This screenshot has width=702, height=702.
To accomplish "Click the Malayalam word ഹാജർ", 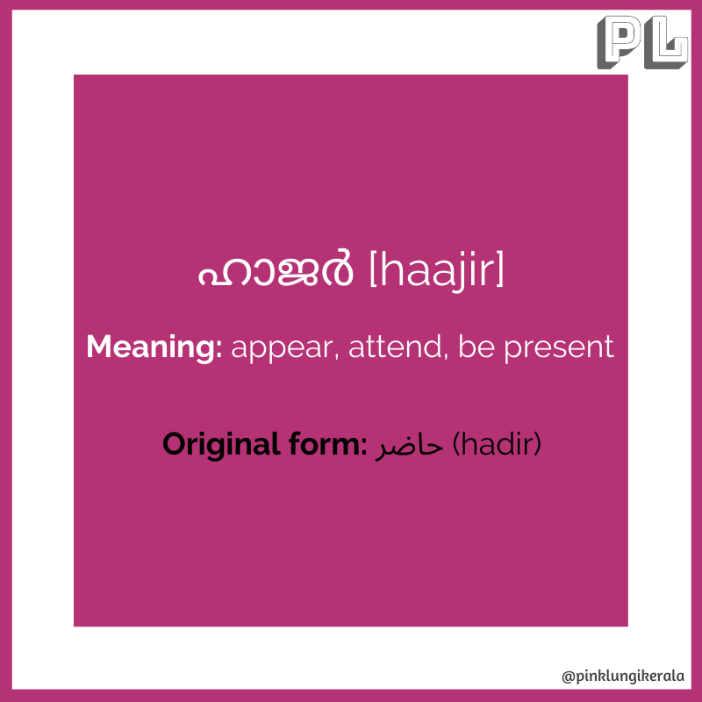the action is point(276,269).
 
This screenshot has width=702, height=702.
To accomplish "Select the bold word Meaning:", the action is point(154,347).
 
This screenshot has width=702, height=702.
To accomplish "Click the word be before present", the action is point(476,347).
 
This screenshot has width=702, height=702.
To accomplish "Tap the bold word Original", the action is point(221,445).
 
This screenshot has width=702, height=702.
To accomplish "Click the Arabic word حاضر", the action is point(409,448).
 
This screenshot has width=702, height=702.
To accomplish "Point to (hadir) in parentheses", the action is point(497,445).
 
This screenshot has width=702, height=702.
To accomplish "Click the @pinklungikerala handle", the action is point(623,676).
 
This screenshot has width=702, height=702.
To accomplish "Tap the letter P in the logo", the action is point(620,42).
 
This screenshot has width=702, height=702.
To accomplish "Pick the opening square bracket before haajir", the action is point(375,269).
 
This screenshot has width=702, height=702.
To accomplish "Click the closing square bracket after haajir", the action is point(499,269).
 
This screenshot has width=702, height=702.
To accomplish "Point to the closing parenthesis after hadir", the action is point(537,445).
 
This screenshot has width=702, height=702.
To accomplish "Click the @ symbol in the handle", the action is point(568,677).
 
